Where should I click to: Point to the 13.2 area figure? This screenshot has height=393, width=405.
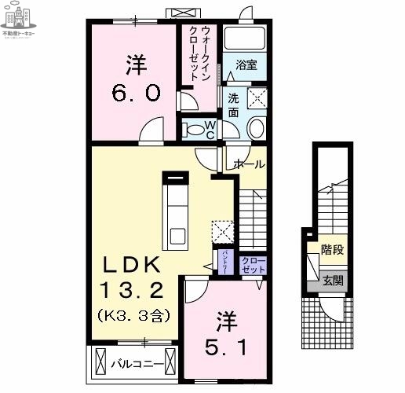pos(131,292)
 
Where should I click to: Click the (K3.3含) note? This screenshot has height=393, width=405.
pos(132,315)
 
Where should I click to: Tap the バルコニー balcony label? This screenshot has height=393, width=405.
pos(137,365)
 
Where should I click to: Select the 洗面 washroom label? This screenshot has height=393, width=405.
pos(234,105)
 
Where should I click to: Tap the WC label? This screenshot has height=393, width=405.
pos(210,130)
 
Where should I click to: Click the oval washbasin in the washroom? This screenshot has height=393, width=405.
pos(257,129)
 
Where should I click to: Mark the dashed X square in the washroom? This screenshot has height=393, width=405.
pos(257,98)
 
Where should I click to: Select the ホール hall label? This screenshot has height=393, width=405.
pos(248,164)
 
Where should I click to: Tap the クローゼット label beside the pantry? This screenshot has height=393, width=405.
pos(253,265)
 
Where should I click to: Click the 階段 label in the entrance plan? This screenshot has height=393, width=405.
pos(333,251)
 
